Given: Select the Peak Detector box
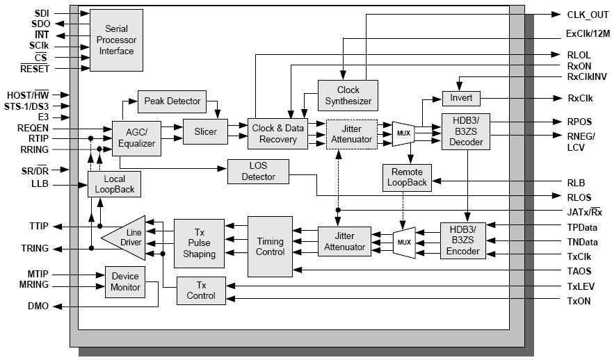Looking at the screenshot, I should tap(172, 101).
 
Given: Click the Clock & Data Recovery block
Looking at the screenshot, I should tap(277, 134).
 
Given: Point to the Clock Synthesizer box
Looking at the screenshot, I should tap(348, 95).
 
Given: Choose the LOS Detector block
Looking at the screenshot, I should tap(258, 172).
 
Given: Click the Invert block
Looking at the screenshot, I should tap(461, 99).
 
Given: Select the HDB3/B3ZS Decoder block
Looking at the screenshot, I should tap(465, 131).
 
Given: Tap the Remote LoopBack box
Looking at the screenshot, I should tap(407, 177).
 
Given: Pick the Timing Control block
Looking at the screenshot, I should tap(271, 247).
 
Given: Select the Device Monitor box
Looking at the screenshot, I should tap(124, 282).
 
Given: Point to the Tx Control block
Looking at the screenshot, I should tap(201, 291).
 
